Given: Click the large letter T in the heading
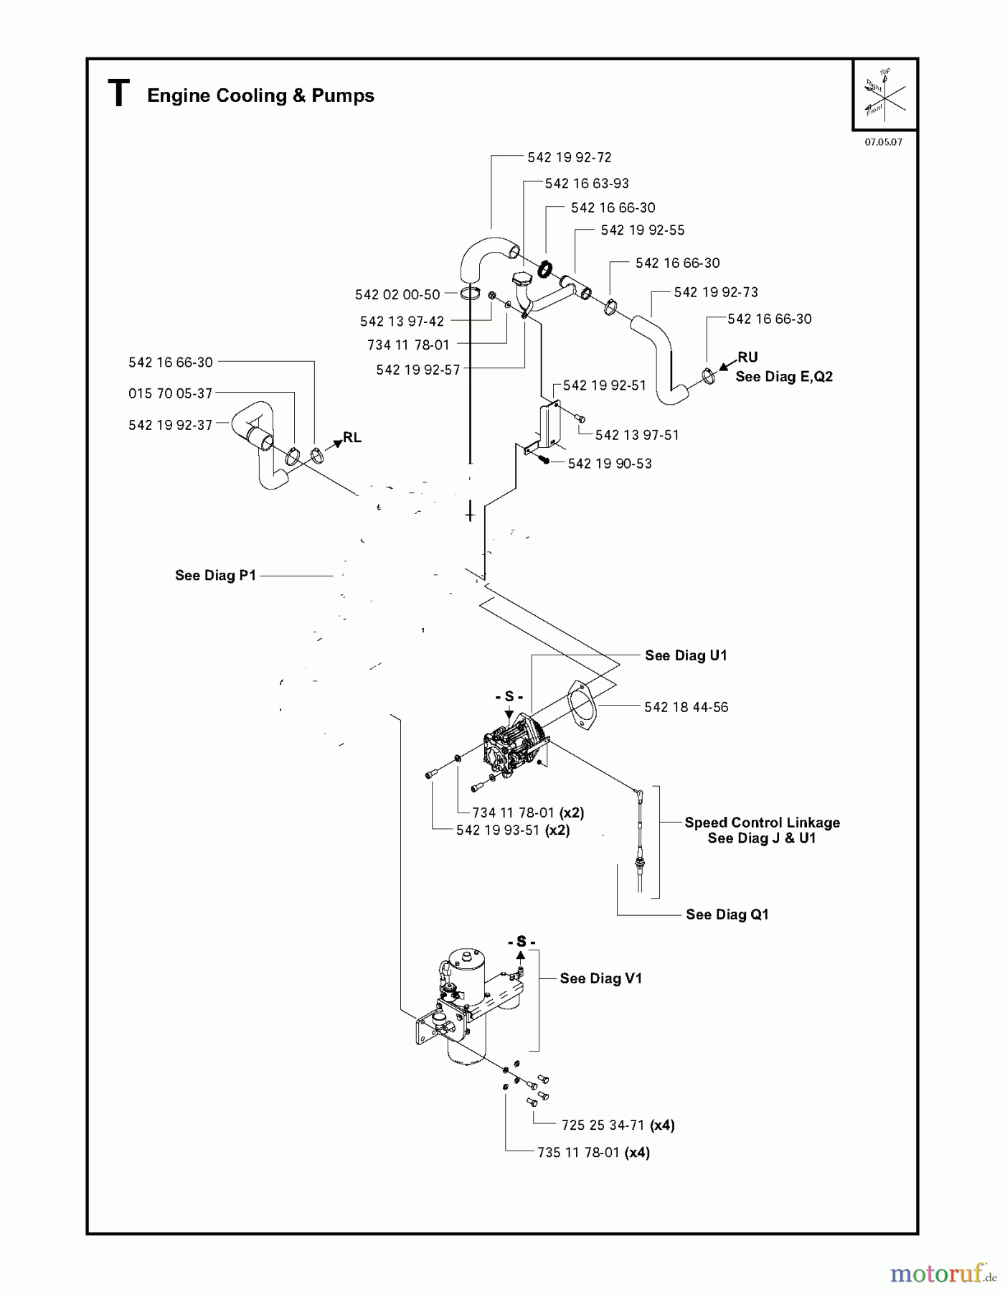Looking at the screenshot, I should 118,94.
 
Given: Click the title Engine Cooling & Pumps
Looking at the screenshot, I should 260,95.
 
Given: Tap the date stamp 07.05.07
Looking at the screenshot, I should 883,142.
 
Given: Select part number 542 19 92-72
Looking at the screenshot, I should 570,157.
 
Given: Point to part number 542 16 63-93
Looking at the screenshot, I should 587,183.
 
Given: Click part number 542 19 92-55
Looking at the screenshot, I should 642,230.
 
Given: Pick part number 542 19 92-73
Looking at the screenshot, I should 716,292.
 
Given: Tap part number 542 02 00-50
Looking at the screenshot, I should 397,294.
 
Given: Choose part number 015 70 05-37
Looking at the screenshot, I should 171,393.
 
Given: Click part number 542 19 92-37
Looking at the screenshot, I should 171,425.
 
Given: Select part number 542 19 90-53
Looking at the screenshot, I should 610,464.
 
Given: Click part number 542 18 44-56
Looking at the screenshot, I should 686,707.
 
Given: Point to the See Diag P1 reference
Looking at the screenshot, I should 215,575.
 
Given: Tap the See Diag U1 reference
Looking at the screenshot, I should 686,655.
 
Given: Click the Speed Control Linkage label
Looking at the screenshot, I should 762,823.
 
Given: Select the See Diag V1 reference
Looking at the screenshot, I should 600,978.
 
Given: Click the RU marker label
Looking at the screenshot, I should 747,357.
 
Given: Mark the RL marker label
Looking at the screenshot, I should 351,437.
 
